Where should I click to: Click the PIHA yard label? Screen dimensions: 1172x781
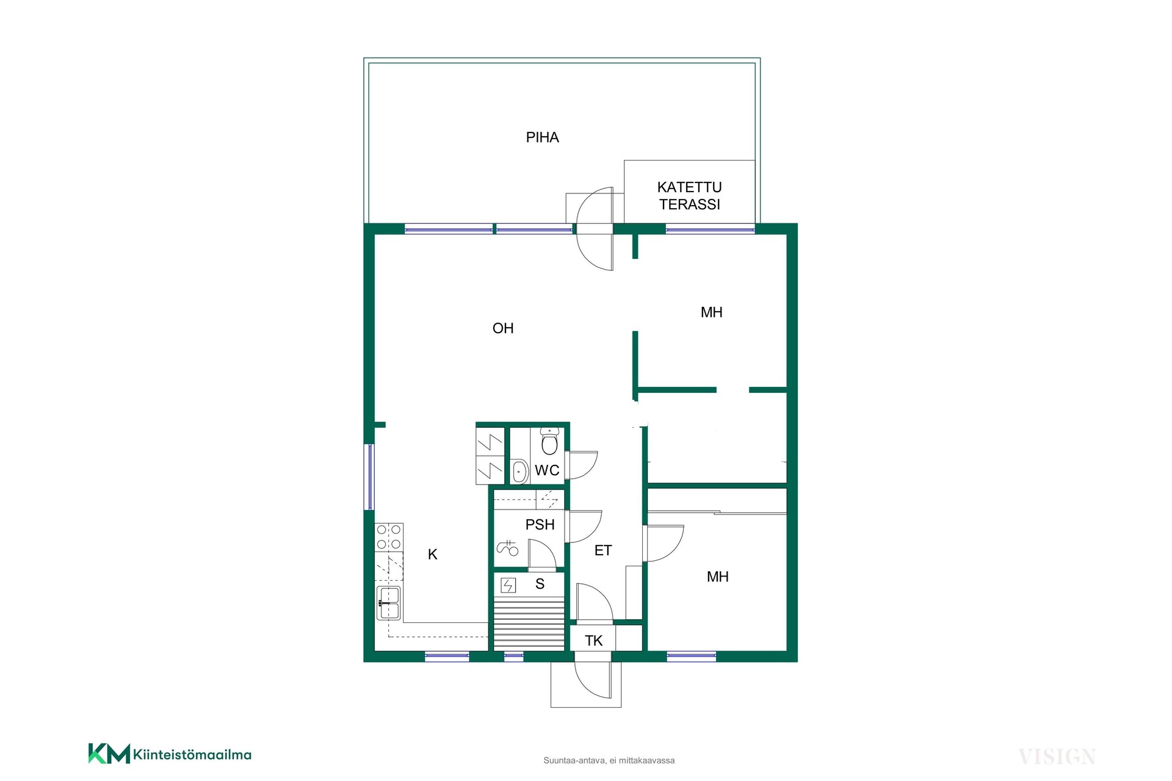click(x=542, y=137)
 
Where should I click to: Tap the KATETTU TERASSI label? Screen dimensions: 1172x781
click(x=689, y=196)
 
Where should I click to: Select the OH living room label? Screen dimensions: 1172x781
click(x=503, y=328)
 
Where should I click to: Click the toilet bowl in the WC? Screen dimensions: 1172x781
click(x=549, y=441)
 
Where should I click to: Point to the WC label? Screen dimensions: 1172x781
click(x=547, y=470)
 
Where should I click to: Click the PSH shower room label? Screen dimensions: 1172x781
click(x=540, y=524)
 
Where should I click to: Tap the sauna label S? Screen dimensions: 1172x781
click(x=540, y=584)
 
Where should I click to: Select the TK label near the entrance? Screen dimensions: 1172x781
click(x=593, y=641)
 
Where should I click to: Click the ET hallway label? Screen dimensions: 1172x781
click(x=602, y=550)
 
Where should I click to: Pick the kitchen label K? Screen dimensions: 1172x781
click(x=433, y=554)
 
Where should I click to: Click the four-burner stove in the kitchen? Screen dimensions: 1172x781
click(x=389, y=537)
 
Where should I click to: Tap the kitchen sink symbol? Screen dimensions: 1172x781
click(x=388, y=603)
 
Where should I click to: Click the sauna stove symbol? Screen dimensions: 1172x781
click(x=508, y=586)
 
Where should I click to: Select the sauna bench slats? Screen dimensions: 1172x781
click(x=529, y=624)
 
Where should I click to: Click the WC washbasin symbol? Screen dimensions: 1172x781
click(x=519, y=471)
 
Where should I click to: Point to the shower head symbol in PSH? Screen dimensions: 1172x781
click(x=507, y=548)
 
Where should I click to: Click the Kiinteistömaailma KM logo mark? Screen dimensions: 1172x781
click(x=109, y=754)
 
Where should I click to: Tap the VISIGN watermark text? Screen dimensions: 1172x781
click(x=1057, y=757)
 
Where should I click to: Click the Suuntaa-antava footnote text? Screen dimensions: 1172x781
click(x=609, y=760)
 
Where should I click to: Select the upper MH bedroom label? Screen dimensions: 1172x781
click(x=711, y=312)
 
